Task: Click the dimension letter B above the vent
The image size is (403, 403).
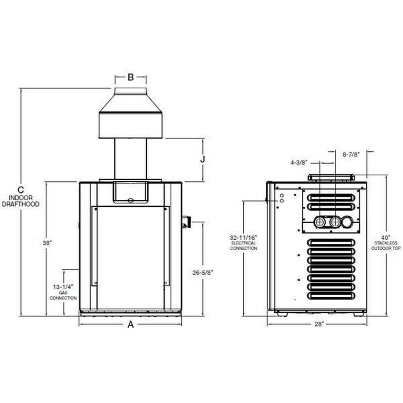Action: [x=131, y=78]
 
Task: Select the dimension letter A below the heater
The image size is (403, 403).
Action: [x=131, y=325]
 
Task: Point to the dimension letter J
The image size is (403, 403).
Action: [x=203, y=159]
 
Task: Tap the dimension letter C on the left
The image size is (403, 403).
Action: [x=21, y=190]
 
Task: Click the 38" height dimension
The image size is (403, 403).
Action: [x=47, y=243]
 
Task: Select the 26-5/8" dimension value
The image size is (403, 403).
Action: [x=203, y=273]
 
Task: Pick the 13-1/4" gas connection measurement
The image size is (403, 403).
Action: [x=63, y=287]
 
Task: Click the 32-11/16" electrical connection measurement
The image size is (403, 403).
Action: [x=243, y=238]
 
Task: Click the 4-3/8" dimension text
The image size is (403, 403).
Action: [x=299, y=162]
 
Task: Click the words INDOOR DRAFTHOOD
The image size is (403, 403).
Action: [x=21, y=201]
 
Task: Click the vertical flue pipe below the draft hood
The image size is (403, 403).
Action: [x=131, y=159]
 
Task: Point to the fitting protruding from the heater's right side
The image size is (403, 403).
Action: [x=185, y=222]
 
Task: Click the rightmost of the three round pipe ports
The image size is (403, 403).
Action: [x=347, y=223]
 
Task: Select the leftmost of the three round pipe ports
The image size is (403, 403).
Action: [x=320, y=223]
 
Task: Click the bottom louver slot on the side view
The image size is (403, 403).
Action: [x=331, y=296]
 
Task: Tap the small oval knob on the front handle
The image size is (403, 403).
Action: [x=130, y=200]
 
